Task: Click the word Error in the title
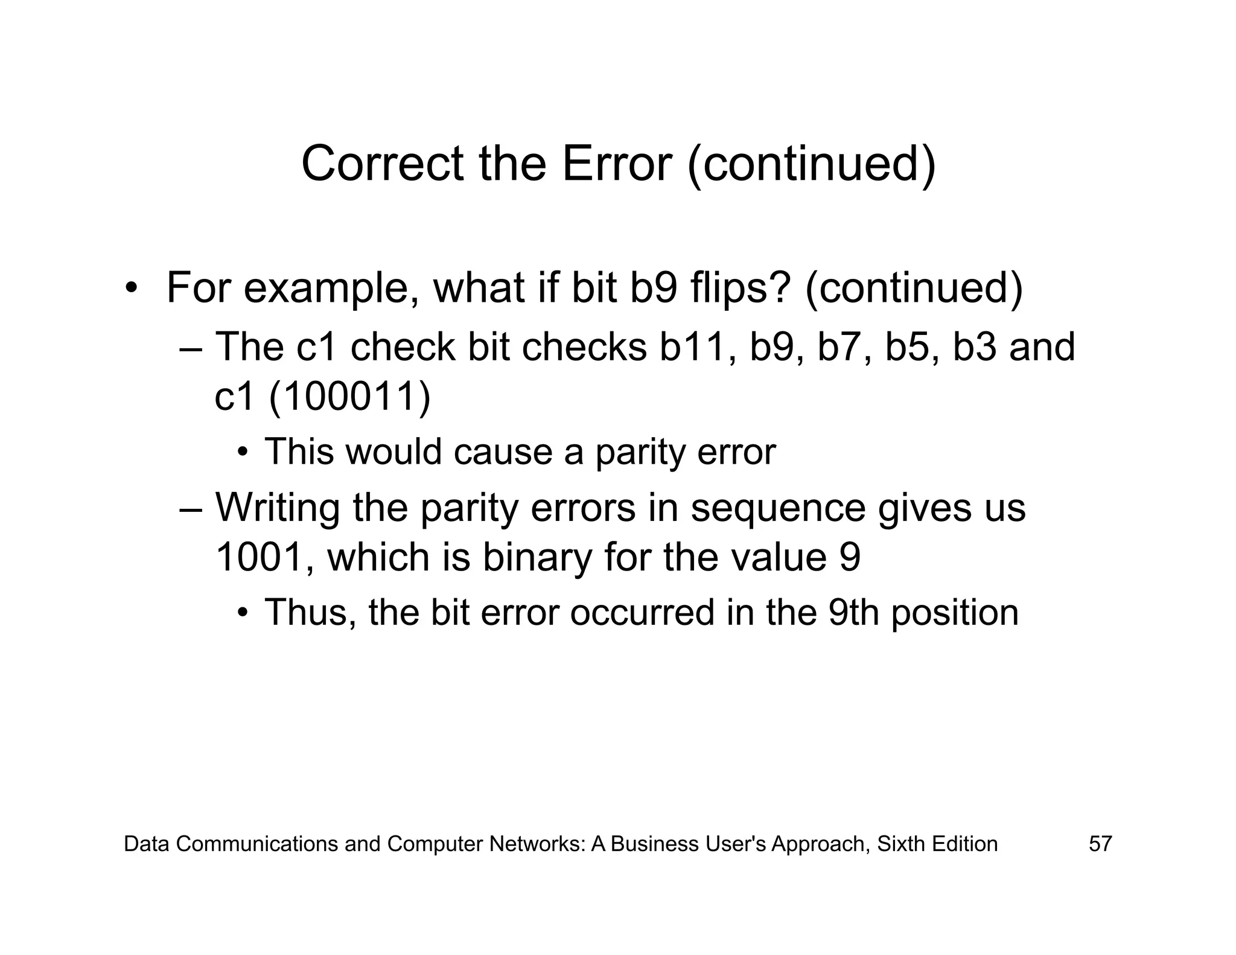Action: [616, 164]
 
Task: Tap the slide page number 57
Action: [1100, 843]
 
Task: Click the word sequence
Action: [778, 508]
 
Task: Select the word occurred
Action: [642, 612]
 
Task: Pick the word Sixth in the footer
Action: [901, 843]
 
